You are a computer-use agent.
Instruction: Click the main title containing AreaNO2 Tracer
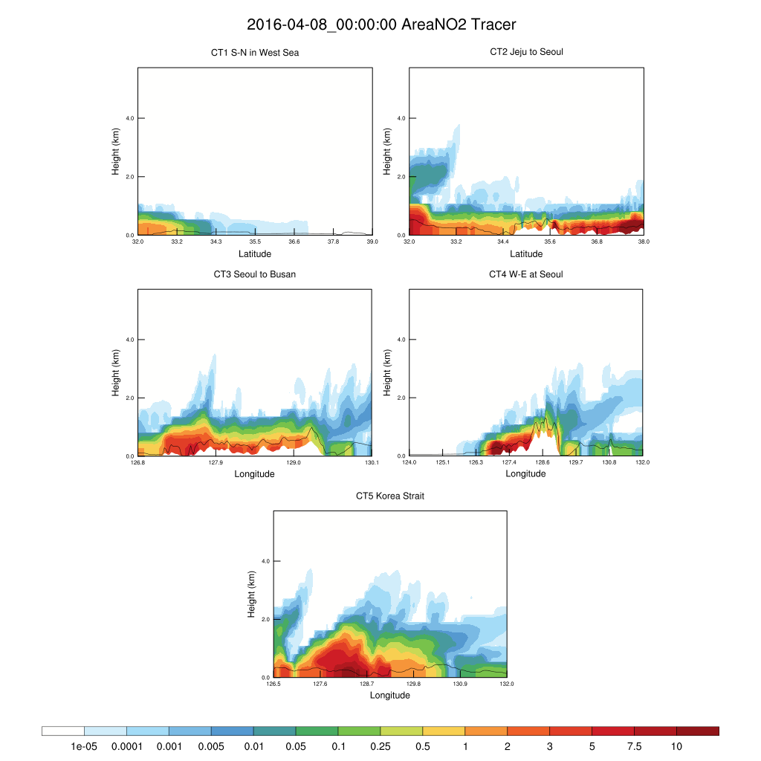click(380, 25)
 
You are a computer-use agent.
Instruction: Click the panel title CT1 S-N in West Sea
click(255, 53)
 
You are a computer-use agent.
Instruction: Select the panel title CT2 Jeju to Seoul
click(526, 52)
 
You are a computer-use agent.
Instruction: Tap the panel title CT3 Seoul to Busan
click(255, 274)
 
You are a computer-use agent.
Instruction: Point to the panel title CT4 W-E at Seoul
click(526, 274)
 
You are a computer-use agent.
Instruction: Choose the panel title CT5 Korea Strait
click(390, 496)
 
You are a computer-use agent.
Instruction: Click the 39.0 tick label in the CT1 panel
click(372, 242)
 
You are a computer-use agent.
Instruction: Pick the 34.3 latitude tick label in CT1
click(216, 242)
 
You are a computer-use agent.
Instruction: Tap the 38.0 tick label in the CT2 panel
click(644, 242)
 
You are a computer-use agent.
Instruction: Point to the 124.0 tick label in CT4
click(409, 462)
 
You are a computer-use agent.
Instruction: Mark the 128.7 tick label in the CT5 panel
click(367, 684)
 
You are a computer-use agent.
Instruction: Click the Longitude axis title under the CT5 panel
click(390, 696)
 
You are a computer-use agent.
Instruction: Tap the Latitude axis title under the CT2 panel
click(526, 254)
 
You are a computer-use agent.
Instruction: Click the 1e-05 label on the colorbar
click(84, 746)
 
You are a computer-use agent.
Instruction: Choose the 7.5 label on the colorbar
click(634, 746)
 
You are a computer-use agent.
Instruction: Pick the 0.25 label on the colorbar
click(380, 746)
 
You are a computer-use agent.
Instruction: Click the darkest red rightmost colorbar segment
click(698, 731)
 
